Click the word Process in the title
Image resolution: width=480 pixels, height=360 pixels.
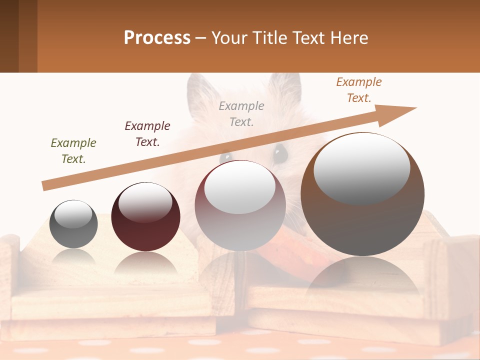157,38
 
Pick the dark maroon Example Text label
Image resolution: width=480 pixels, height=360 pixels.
147,134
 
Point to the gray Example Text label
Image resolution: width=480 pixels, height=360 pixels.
241,114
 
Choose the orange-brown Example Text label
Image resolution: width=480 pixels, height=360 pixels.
359,90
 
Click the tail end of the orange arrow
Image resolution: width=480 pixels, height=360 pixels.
46,185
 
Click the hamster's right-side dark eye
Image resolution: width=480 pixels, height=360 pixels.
280,152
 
